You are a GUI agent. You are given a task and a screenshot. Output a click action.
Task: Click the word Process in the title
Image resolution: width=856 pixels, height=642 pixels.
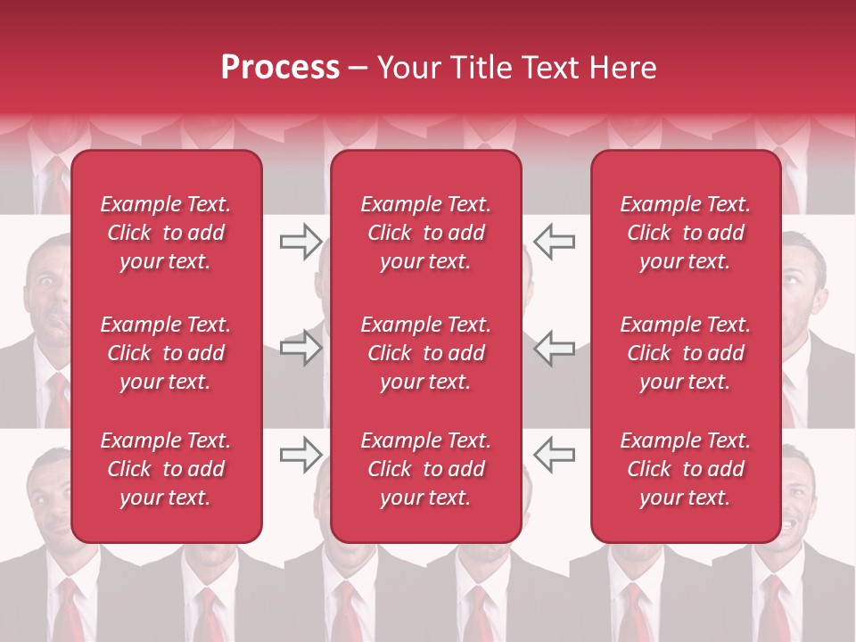(280, 68)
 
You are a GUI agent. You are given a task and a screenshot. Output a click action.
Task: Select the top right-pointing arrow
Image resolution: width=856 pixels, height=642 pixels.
(300, 241)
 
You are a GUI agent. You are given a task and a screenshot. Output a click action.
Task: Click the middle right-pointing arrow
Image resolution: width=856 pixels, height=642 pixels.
(300, 348)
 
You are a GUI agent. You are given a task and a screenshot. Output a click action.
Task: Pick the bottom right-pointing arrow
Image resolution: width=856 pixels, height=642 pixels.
(300, 455)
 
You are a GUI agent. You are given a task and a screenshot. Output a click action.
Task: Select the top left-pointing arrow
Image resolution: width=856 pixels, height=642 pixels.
(554, 241)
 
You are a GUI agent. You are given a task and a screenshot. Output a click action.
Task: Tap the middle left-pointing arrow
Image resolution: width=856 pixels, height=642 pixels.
(554, 348)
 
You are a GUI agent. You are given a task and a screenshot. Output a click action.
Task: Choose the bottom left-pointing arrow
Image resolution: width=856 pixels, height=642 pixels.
(554, 455)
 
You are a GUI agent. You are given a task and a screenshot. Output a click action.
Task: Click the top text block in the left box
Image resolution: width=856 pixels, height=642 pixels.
(166, 233)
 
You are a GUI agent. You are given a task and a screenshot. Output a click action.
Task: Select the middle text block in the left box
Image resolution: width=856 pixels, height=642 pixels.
(166, 353)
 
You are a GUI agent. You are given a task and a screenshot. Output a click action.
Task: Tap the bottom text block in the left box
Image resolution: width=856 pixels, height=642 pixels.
(166, 469)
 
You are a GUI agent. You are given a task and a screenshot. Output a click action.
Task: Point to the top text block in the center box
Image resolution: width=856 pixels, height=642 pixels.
(426, 233)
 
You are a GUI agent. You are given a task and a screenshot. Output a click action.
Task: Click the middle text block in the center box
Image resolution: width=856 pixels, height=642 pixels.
(426, 353)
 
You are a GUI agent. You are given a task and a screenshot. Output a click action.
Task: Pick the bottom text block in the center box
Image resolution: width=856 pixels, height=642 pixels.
(426, 469)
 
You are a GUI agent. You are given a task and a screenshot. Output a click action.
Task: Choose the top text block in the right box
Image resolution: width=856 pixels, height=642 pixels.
(686, 233)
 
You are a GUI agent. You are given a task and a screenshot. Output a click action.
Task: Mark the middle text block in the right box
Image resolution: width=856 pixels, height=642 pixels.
(686, 353)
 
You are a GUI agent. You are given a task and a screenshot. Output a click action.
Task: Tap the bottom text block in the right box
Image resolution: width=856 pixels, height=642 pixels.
(686, 469)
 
